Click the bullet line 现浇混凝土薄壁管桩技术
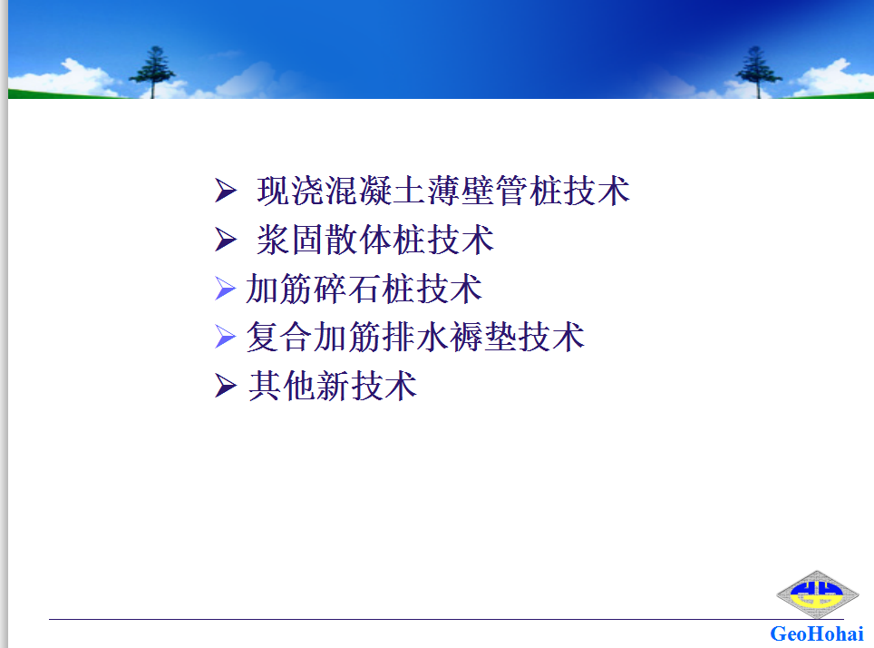443,191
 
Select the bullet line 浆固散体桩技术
375,240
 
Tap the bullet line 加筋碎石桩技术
364,289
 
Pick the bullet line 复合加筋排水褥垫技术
415,337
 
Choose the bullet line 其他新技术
333,386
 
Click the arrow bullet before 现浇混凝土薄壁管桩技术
226,191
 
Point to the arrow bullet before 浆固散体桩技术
226,240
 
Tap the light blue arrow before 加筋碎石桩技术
225,289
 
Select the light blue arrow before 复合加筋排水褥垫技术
225,337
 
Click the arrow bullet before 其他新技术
226,386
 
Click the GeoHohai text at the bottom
817,634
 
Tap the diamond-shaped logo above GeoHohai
817,594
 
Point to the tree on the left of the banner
152,72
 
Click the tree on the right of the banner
757,72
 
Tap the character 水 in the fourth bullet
432,337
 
